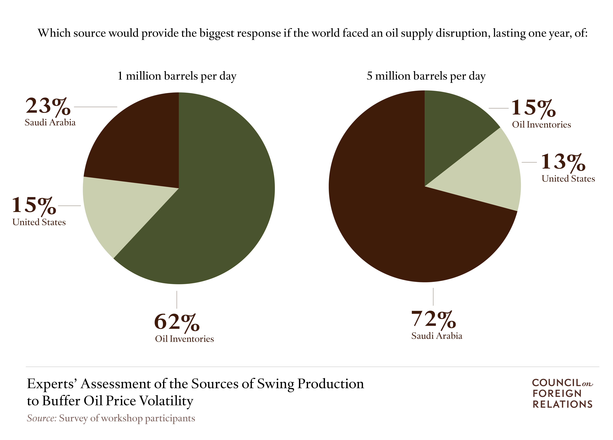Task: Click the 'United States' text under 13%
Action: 568,179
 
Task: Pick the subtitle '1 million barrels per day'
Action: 177,76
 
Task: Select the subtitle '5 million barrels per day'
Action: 426,76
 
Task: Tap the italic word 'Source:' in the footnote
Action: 41,418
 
